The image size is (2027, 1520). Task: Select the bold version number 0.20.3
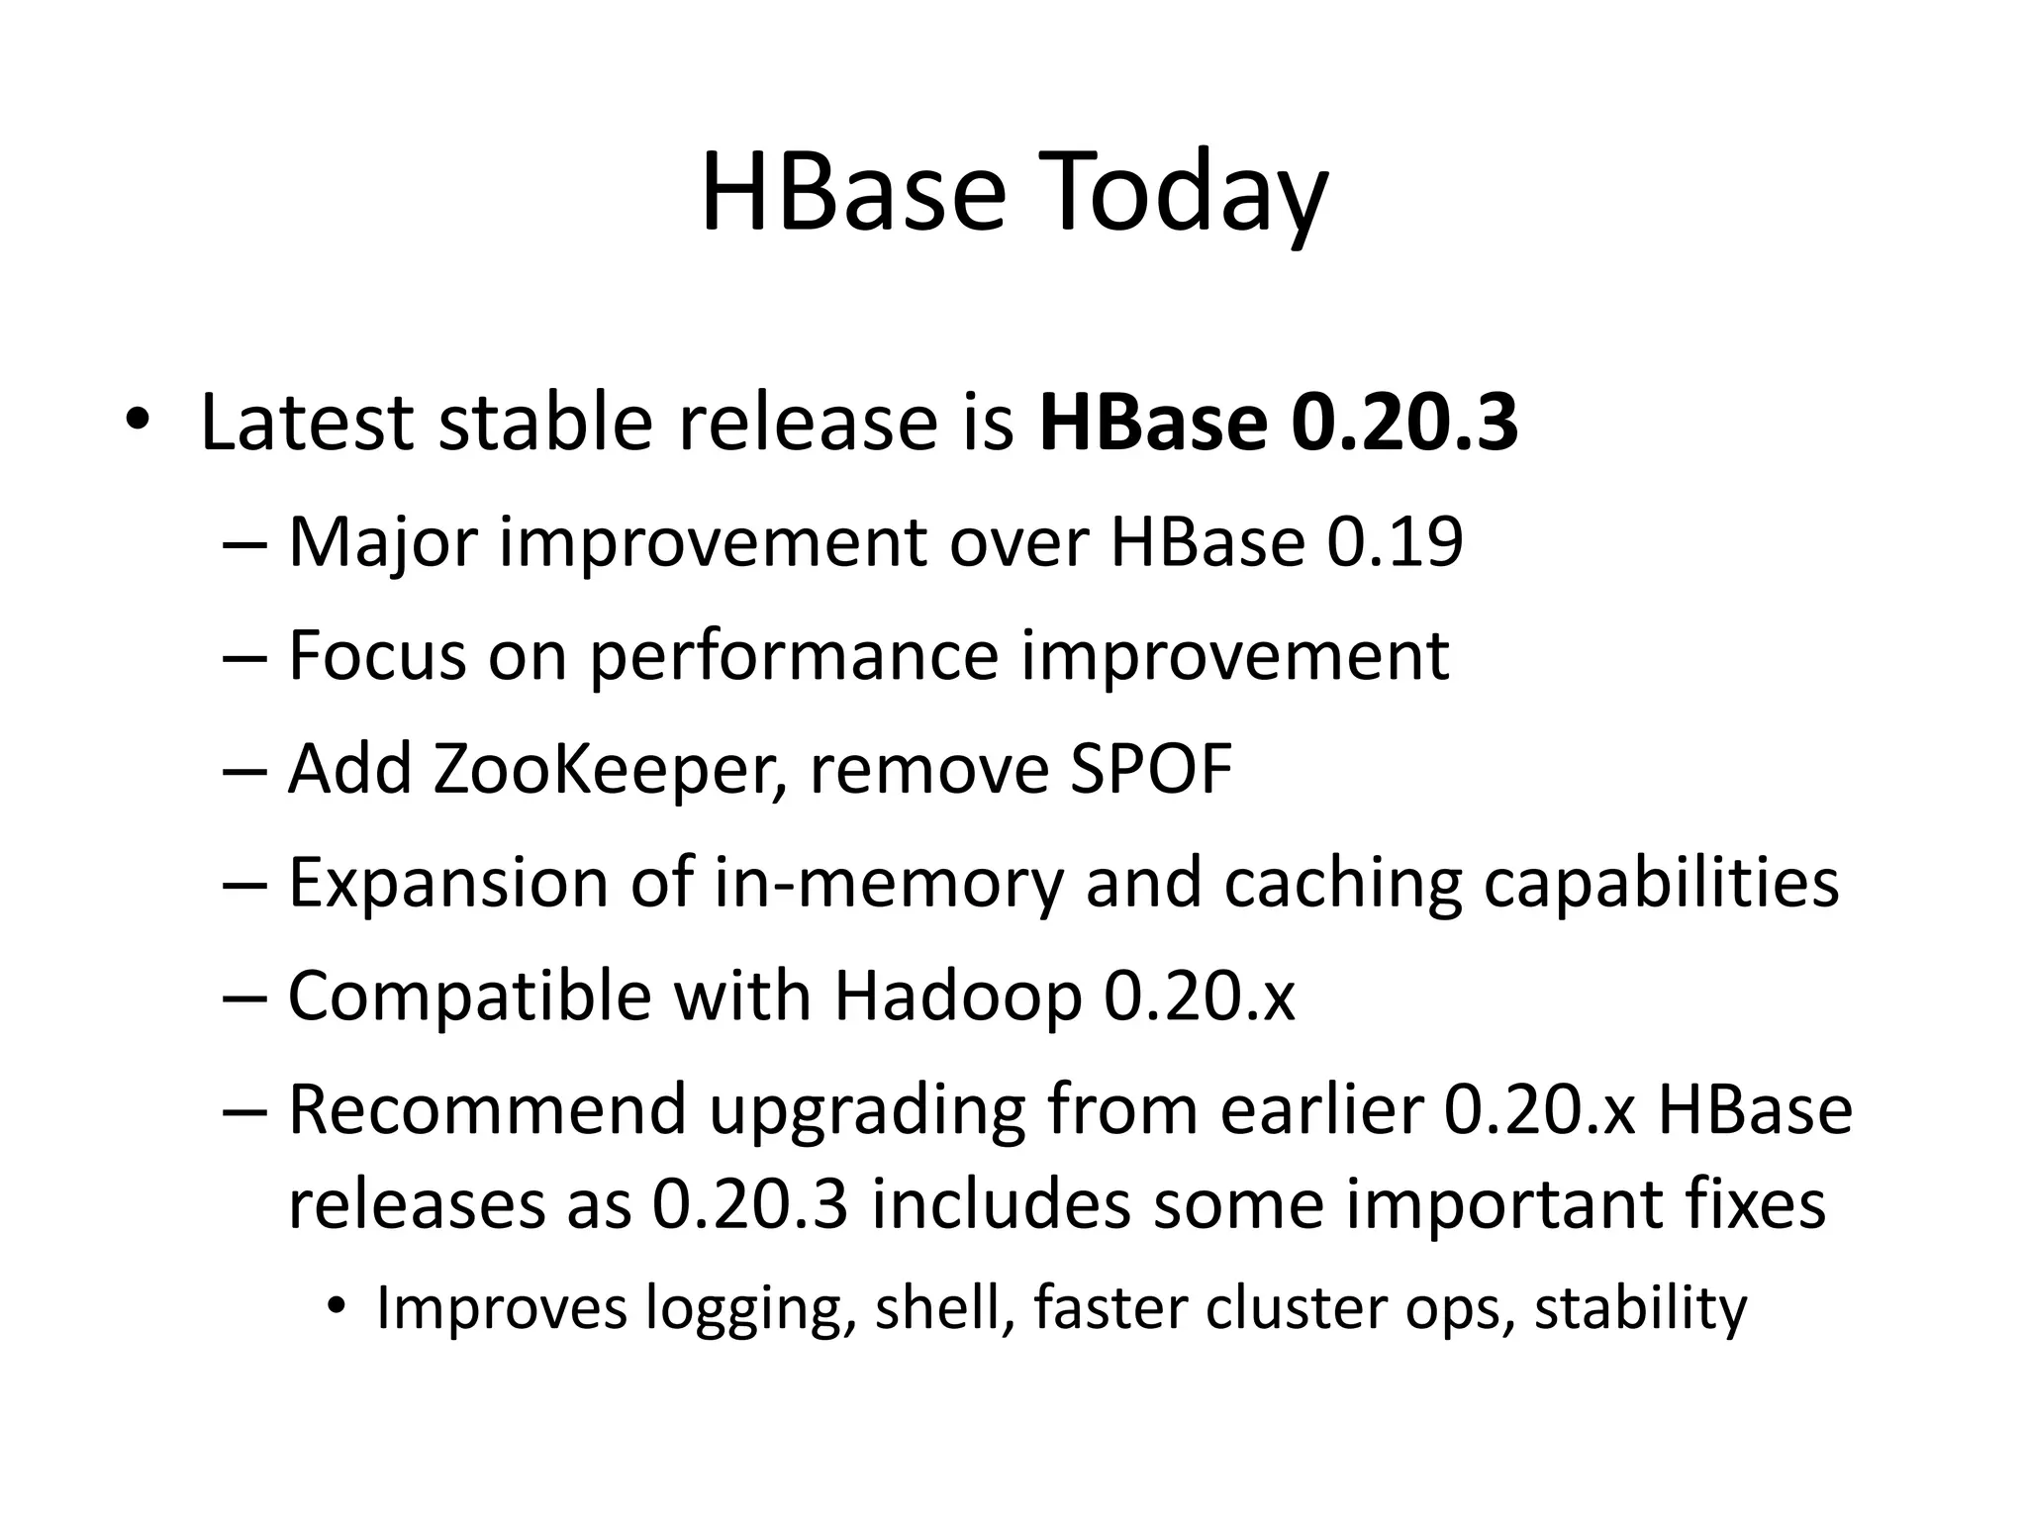click(x=1404, y=423)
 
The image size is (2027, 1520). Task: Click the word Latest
click(x=307, y=423)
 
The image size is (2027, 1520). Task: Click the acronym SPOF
click(x=1151, y=769)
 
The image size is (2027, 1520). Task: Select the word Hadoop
click(x=957, y=996)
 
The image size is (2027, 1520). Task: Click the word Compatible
click(x=469, y=996)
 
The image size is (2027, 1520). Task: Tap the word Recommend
click(x=487, y=1109)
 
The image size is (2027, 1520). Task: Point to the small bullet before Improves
click(x=337, y=1308)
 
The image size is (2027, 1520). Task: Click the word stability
click(x=1640, y=1308)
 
